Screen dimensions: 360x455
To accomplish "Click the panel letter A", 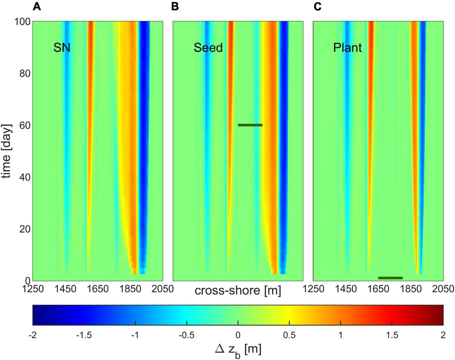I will pos(37,6).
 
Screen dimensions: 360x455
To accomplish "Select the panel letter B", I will pos(175,6).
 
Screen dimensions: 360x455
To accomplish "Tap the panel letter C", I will pos(317,6).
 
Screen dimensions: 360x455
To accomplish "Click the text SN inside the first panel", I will pos(62,48).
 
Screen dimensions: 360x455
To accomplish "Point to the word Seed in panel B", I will pos(208,48).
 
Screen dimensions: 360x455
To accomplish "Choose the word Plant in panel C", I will pos(347,48).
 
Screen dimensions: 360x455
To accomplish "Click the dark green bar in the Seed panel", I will pos(250,125).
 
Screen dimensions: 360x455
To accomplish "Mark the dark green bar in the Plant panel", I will pos(390,278).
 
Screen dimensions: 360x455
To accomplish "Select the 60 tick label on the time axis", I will pos(25,125).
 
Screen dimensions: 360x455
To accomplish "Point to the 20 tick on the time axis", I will pos(25,229).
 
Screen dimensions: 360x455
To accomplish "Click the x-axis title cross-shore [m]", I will pos(238,290).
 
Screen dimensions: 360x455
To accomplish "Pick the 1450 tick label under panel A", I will pos(65,289).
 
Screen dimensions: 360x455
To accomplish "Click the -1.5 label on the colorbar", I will pos(84,335).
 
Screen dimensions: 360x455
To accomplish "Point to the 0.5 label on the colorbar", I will pos(289,335).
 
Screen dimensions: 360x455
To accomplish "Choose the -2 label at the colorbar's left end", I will pos(33,335).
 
